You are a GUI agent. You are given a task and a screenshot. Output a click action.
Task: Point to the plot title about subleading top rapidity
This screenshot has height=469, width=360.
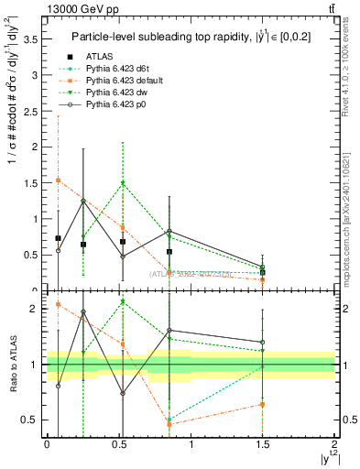[x=188, y=37]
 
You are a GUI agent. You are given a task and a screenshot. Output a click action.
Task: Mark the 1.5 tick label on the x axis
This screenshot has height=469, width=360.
[x=263, y=444]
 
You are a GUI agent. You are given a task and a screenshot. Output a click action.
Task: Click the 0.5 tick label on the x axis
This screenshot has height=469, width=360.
[x=119, y=444]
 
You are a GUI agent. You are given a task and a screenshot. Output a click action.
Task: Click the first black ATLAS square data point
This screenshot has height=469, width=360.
[x=59, y=238]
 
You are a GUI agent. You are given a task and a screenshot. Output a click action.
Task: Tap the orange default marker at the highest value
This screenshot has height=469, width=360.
[x=59, y=180]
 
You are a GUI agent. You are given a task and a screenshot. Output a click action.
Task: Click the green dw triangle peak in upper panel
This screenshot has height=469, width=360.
[x=123, y=183]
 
